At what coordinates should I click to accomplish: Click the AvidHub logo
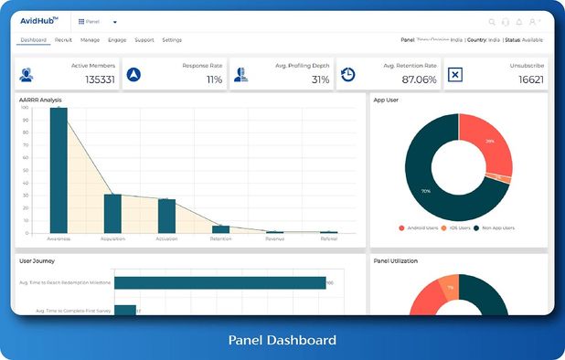pyautogui.click(x=39, y=21)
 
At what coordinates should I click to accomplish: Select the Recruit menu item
pyautogui.click(x=63, y=40)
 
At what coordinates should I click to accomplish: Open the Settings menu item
pyautogui.click(x=172, y=40)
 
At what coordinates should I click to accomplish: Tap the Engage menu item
pyautogui.click(x=117, y=40)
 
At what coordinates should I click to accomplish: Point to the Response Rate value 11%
pyautogui.click(x=214, y=79)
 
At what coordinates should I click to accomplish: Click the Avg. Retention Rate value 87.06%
pyautogui.click(x=419, y=79)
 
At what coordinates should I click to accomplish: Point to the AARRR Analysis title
pyautogui.click(x=39, y=99)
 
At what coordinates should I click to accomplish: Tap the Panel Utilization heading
pyautogui.click(x=396, y=261)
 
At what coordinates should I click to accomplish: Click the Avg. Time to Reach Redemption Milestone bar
pyautogui.click(x=219, y=282)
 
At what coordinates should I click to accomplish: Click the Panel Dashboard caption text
pyautogui.click(x=282, y=340)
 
